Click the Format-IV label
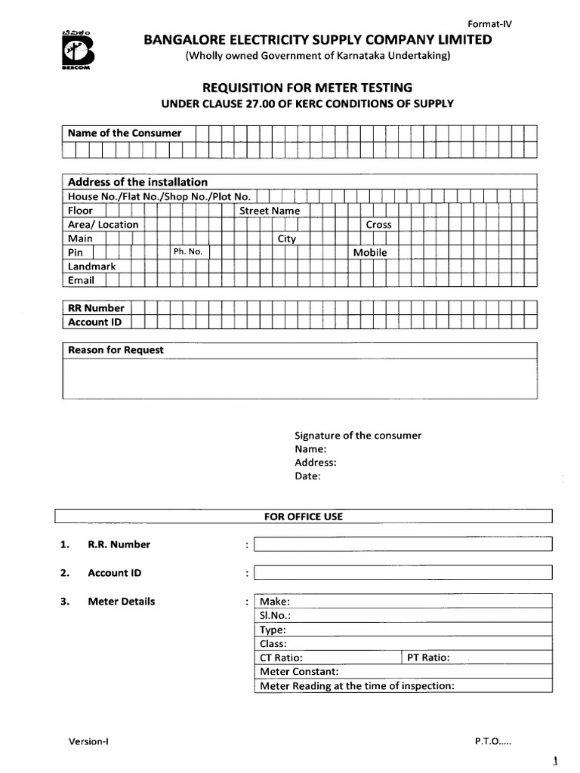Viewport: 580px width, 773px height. coord(490,23)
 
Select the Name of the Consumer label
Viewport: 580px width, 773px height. coord(125,133)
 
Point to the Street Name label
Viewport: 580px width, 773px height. coord(270,211)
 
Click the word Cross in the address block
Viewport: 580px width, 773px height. coord(378,224)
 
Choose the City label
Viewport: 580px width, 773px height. coord(287,239)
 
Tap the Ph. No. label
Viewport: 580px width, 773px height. coord(187,251)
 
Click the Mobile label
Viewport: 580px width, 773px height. coord(369,252)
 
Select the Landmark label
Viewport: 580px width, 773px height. coord(92,266)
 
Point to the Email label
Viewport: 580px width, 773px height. coord(82,280)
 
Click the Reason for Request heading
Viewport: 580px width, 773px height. coord(116,350)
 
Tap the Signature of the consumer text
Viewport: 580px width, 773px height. coord(358,436)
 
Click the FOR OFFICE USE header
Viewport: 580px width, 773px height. coord(303,516)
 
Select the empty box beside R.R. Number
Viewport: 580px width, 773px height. coord(403,544)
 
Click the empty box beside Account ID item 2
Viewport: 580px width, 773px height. coord(403,573)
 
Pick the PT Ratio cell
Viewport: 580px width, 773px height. coord(476,658)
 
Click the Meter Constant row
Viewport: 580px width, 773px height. coord(403,671)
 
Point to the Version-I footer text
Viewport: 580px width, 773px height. coord(88,741)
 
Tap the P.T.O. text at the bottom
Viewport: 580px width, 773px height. coord(492,741)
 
